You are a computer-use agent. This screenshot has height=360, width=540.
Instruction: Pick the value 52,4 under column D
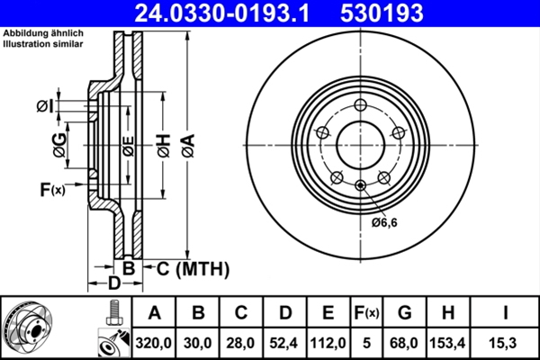click(x=283, y=343)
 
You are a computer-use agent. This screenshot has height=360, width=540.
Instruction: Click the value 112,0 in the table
click(x=328, y=343)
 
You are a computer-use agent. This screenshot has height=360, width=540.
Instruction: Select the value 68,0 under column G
click(x=405, y=343)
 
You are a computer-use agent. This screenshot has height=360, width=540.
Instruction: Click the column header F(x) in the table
click(x=367, y=313)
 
